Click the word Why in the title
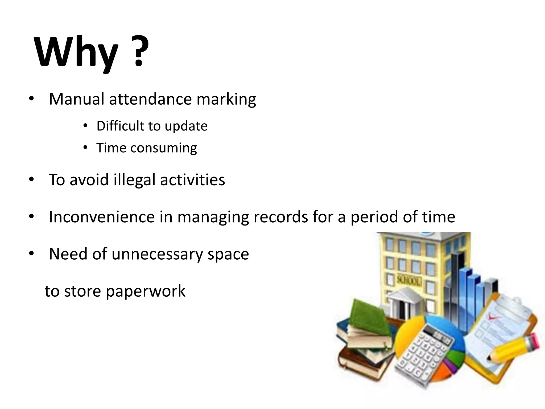tap(76, 52)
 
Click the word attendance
tap(150, 99)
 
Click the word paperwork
tap(145, 291)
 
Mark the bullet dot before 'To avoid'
tap(31, 179)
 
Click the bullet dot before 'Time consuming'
tap(85, 148)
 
